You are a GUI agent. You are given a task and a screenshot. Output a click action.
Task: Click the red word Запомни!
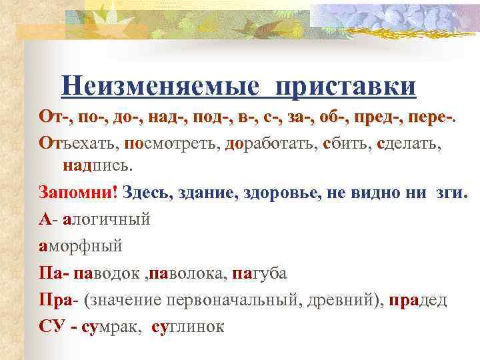pyautogui.click(x=78, y=192)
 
